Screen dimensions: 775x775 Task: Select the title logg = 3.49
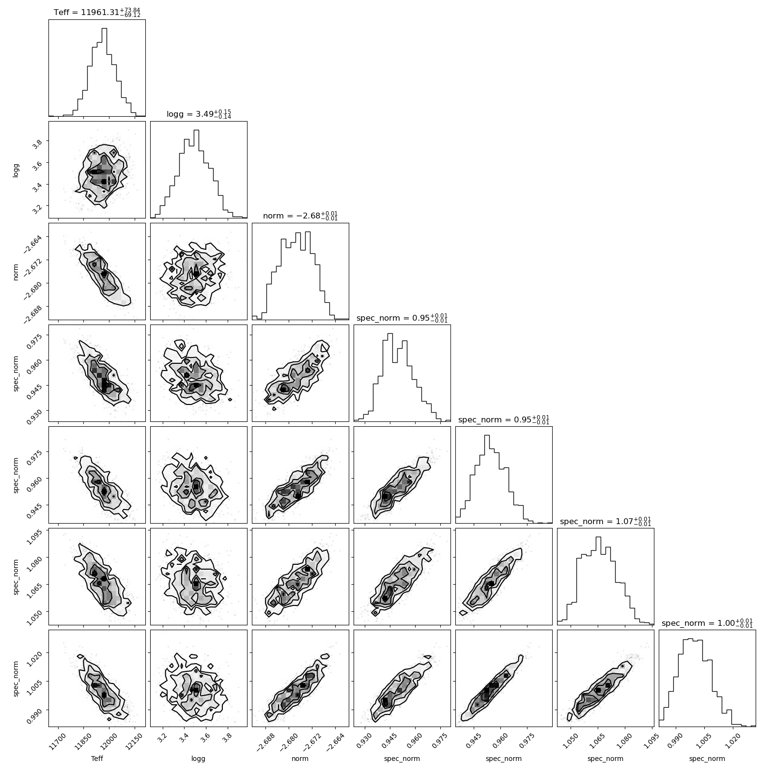pyautogui.click(x=199, y=114)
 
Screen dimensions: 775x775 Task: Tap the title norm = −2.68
pyautogui.click(x=300, y=216)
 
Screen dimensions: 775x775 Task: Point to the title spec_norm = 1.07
pyautogui.click(x=605, y=521)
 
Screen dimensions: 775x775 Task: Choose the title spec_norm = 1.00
pyautogui.click(x=707, y=622)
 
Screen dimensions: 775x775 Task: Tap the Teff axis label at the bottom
pyautogui.click(x=97, y=759)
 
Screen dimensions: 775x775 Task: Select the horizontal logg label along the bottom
pyautogui.click(x=199, y=759)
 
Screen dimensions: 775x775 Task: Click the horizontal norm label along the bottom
pyautogui.click(x=300, y=759)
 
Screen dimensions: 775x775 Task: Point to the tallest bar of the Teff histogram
pyautogui.click(x=104, y=72)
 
